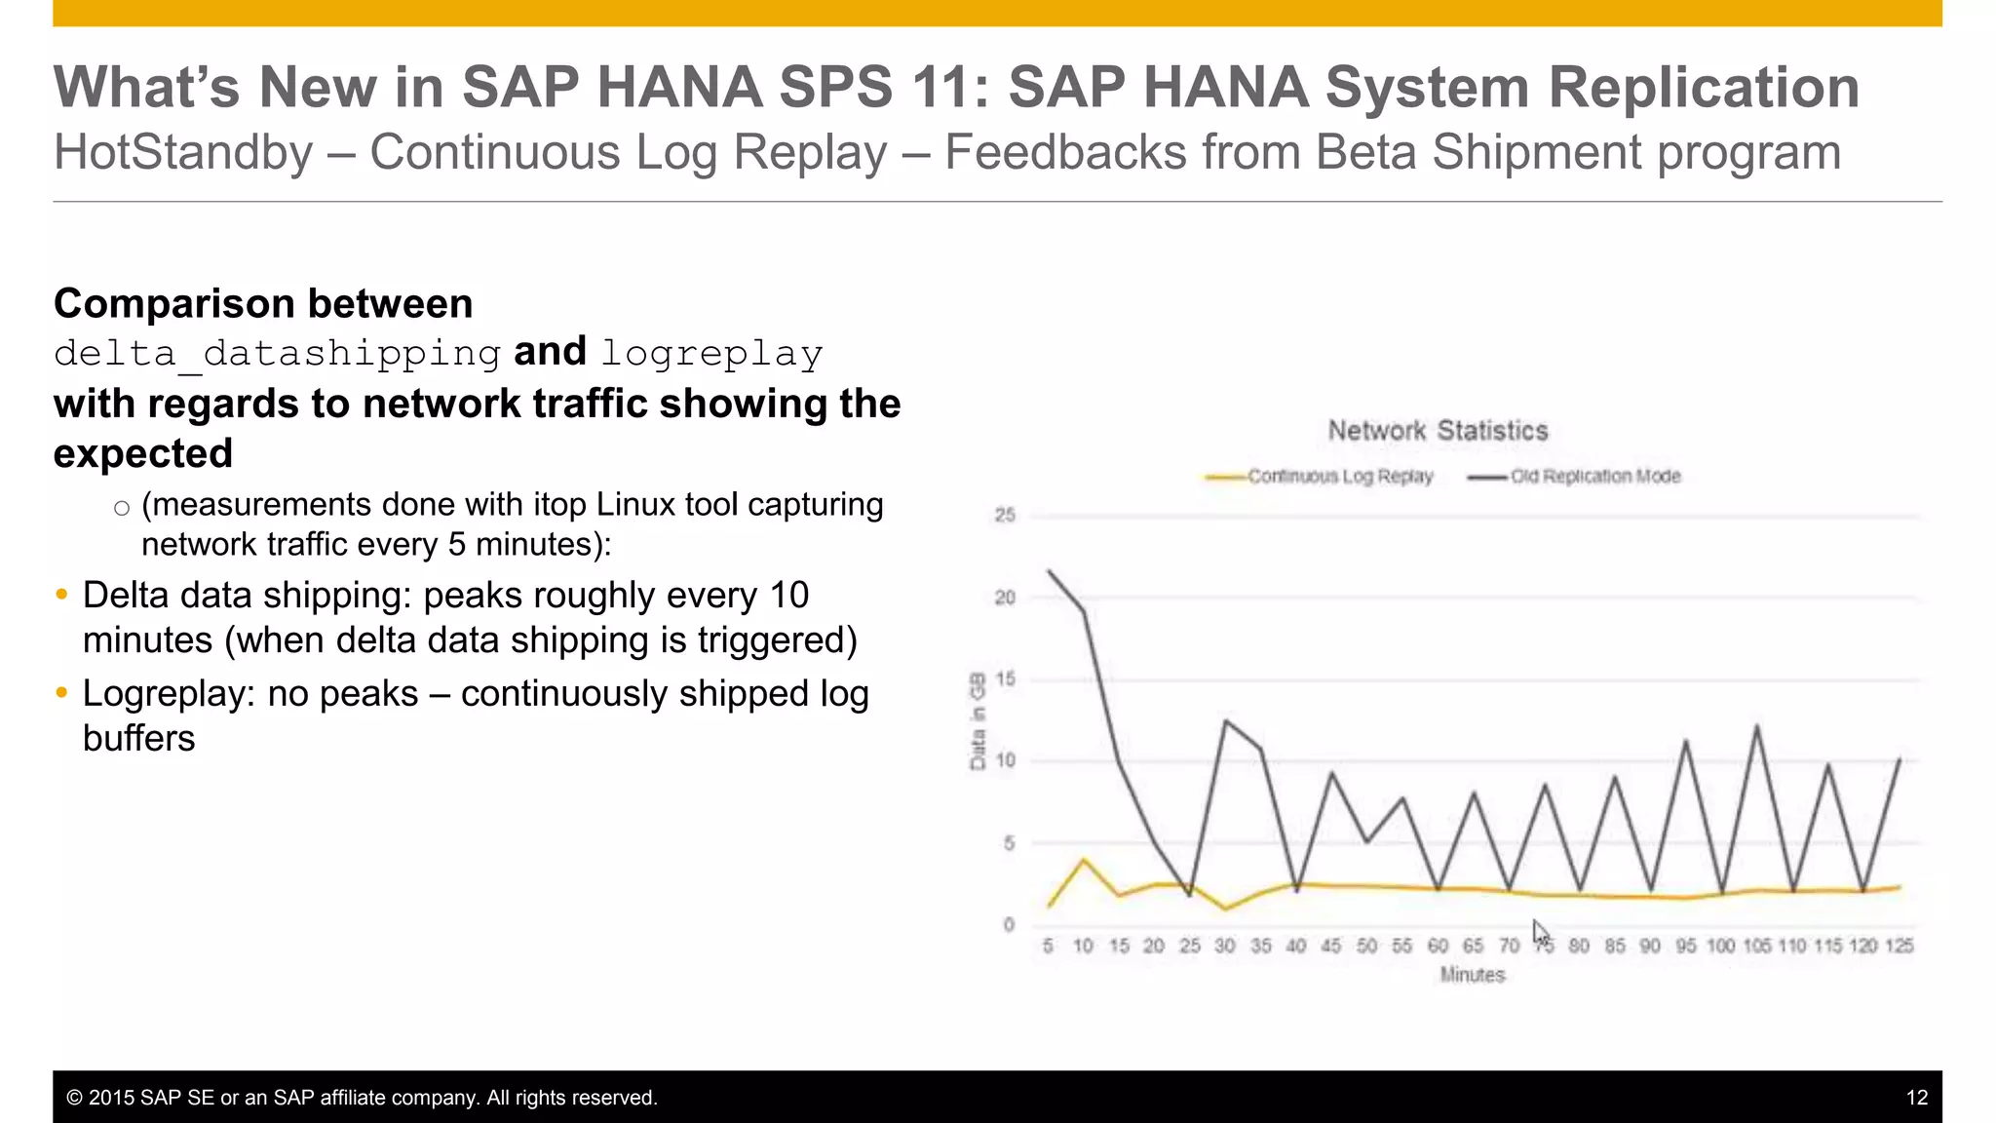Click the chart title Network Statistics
coord(1438,430)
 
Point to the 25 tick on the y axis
coord(1004,515)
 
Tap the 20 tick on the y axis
coord(1004,598)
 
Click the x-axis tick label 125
coord(1899,946)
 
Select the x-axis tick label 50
coord(1366,946)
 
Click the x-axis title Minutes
coord(1472,975)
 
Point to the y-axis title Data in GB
coord(978,721)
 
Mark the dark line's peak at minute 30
coord(1225,721)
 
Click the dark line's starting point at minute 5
coord(1049,571)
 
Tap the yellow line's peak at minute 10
coord(1084,860)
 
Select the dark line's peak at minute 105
coord(1757,726)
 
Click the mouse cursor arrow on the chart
coord(1539,931)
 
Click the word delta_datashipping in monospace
coord(278,353)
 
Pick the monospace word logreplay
coord(711,353)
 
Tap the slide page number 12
coord(1916,1098)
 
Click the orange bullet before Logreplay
coord(62,693)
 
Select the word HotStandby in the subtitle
coord(183,153)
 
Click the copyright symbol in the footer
coord(74,1098)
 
